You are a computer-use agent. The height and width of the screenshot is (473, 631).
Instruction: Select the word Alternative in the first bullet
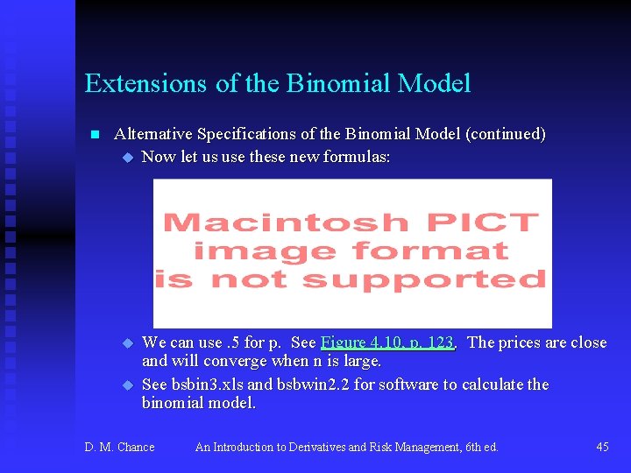[x=154, y=134]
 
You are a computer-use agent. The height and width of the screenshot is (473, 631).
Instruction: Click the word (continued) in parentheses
[x=506, y=134]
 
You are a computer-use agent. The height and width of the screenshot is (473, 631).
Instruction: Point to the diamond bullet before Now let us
[x=127, y=158]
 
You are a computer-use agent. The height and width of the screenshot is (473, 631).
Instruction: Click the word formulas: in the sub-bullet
[x=358, y=157]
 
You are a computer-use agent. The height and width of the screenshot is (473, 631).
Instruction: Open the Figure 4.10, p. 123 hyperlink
[x=387, y=342]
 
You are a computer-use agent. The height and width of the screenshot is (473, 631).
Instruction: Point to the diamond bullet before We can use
[x=127, y=343]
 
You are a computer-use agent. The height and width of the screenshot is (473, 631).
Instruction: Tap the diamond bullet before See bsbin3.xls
[x=127, y=385]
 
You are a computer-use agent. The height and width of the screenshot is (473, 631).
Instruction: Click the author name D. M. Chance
[x=119, y=447]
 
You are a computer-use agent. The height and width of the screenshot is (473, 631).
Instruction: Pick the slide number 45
[x=602, y=447]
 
